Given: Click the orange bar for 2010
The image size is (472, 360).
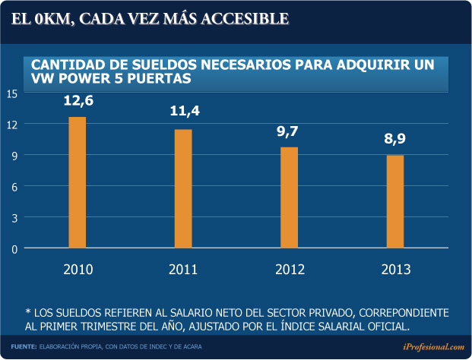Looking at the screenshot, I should click(x=77, y=182).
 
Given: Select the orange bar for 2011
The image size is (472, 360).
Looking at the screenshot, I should click(x=183, y=188).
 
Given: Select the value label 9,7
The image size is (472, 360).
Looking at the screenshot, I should click(x=287, y=131).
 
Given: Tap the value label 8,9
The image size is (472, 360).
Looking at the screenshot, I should click(x=394, y=140).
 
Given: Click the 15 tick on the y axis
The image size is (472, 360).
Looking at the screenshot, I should click(x=11, y=93).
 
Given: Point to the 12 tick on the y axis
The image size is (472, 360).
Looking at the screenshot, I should click(x=11, y=124).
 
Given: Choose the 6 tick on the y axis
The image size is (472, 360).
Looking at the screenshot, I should click(x=13, y=186).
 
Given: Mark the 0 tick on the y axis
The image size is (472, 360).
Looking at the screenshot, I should click(x=13, y=248).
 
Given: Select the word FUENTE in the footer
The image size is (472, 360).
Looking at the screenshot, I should click(x=24, y=346).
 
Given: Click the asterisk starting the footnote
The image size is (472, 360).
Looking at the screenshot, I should click(x=27, y=313).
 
